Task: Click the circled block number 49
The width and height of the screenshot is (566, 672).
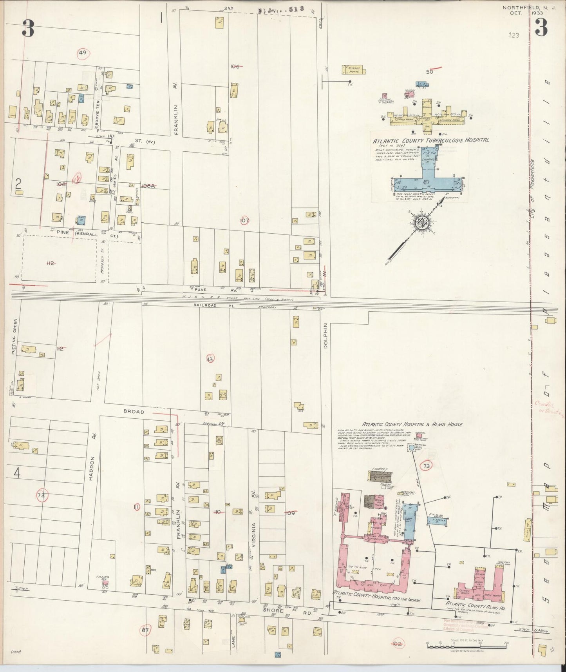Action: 82,53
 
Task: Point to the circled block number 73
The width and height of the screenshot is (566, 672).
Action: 427,466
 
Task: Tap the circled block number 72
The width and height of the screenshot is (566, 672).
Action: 41,496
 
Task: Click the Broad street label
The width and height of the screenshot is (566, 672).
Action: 134,412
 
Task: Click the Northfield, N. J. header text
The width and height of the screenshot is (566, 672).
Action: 519,7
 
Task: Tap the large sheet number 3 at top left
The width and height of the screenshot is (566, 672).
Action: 28,29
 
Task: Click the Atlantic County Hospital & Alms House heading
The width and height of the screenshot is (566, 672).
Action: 412,424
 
